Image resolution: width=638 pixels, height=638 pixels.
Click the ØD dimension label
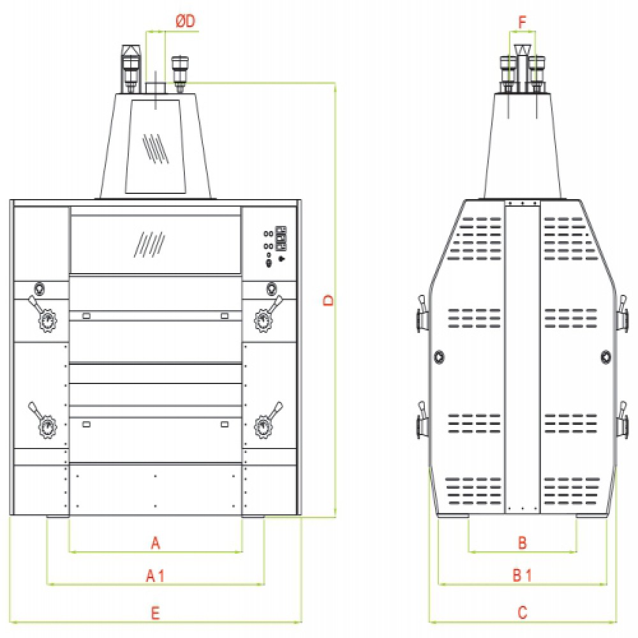click(x=186, y=21)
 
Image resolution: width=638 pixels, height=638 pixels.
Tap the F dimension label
click(x=523, y=22)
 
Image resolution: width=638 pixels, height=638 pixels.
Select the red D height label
click(x=328, y=300)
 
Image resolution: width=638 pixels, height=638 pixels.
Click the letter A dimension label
click(x=156, y=543)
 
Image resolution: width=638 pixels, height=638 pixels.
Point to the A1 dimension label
click(x=156, y=575)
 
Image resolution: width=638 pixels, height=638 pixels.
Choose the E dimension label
click(x=156, y=612)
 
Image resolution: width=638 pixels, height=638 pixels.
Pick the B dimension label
click(x=523, y=542)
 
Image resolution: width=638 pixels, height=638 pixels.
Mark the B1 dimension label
click(x=523, y=575)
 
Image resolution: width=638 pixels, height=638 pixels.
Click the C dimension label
click(x=523, y=612)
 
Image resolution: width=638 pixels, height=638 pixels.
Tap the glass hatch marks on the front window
click(x=149, y=244)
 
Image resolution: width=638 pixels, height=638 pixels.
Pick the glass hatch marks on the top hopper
click(x=155, y=148)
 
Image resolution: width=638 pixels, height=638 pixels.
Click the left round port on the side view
click(x=439, y=357)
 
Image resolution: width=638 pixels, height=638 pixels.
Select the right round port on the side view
click(x=606, y=357)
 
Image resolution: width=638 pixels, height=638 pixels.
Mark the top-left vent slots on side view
click(x=475, y=239)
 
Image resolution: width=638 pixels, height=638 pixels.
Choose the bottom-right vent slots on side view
click(x=571, y=491)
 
